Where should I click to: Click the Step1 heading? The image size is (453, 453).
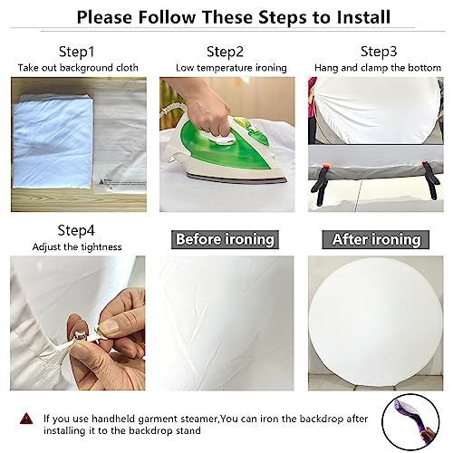[76, 52]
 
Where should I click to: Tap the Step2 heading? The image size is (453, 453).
[225, 52]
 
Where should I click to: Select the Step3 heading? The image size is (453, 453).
[379, 52]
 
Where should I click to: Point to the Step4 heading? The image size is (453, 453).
[76, 230]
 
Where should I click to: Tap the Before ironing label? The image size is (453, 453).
[225, 239]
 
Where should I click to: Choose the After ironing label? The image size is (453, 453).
[376, 239]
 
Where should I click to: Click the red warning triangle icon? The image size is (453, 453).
[26, 419]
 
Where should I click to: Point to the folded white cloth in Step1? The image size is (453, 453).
[53, 142]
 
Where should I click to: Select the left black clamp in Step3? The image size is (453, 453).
[321, 183]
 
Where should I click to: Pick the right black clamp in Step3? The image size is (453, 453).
[430, 180]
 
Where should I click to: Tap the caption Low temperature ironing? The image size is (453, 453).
[231, 68]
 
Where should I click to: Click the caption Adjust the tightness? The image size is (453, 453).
[77, 247]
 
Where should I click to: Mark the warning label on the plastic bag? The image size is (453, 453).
[120, 183]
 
